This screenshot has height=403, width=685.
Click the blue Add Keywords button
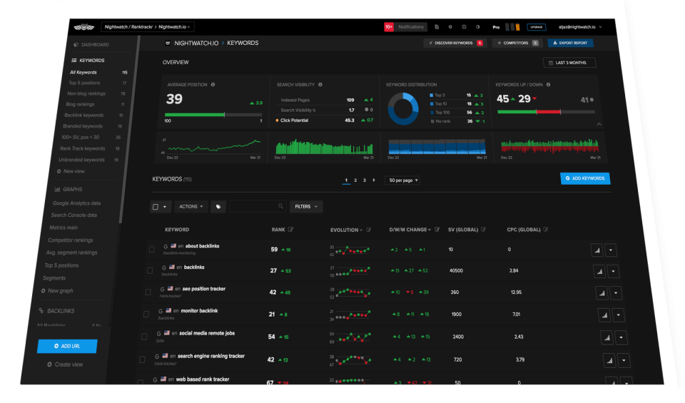click(585, 178)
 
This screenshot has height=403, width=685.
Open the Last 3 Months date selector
click(569, 63)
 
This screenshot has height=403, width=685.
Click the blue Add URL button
click(66, 346)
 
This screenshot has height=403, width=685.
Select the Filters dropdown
click(306, 206)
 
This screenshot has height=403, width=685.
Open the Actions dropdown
click(191, 206)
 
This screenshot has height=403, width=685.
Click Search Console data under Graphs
click(73, 215)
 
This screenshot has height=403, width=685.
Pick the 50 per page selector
click(402, 180)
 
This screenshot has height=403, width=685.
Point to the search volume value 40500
click(455, 271)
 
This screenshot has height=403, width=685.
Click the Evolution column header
click(345, 230)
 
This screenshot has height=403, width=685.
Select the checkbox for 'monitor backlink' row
click(146, 314)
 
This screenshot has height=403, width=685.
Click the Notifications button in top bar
click(410, 26)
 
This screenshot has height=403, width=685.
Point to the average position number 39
click(174, 99)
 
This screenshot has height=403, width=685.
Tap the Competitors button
click(516, 43)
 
